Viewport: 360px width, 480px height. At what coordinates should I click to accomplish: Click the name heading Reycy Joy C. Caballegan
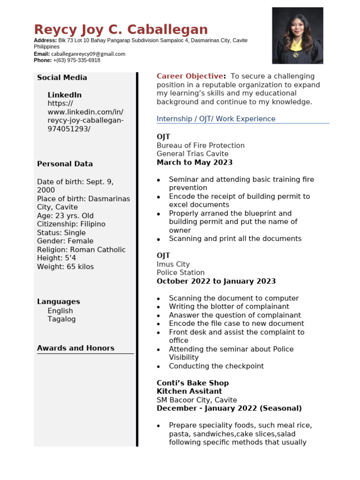pyautogui.click(x=121, y=30)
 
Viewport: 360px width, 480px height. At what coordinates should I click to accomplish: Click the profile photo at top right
pyautogui.click(x=298, y=36)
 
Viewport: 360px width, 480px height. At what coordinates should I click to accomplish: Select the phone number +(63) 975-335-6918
pyautogui.click(x=76, y=60)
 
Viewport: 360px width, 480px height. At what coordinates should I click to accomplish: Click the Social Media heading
pyautogui.click(x=62, y=78)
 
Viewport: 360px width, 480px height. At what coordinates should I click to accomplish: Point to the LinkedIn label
pyautogui.click(x=65, y=95)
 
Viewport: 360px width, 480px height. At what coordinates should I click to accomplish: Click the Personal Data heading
pyautogui.click(x=65, y=164)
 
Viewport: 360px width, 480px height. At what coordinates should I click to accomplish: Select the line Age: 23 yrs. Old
pyautogui.click(x=65, y=216)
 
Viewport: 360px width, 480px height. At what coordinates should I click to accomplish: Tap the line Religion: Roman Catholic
pyautogui.click(x=81, y=250)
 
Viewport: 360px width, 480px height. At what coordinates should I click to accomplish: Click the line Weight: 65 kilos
pyautogui.click(x=65, y=267)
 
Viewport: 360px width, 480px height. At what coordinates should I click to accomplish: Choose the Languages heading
pyautogui.click(x=59, y=302)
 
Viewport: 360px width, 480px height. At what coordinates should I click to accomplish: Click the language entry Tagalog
pyautogui.click(x=61, y=319)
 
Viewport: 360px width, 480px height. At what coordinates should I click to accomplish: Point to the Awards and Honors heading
pyautogui.click(x=75, y=348)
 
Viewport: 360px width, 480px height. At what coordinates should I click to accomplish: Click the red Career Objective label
pyautogui.click(x=190, y=76)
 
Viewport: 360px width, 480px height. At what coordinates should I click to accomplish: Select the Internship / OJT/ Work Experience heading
pyautogui.click(x=216, y=119)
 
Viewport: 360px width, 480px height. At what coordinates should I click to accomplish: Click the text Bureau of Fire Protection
pyautogui.click(x=201, y=145)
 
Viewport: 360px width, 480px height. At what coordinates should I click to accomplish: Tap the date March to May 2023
pyautogui.click(x=195, y=163)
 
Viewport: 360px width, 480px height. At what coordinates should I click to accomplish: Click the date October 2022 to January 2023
pyautogui.click(x=216, y=281)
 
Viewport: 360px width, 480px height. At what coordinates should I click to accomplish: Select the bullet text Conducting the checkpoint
pyautogui.click(x=216, y=366)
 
